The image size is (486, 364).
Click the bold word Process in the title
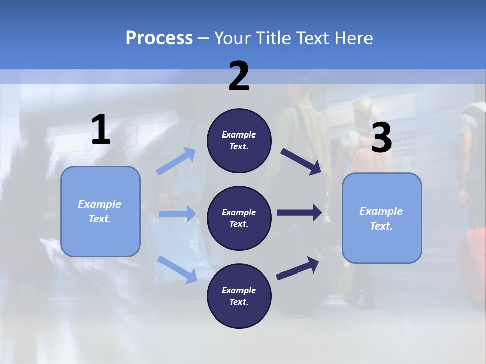(159, 38)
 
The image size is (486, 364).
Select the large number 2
(239, 77)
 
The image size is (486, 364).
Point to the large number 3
(382, 138)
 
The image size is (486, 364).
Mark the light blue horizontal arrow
(177, 214)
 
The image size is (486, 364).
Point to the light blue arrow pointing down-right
(177, 269)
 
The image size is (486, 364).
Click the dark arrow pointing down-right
(301, 161)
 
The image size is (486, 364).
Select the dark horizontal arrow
(300, 213)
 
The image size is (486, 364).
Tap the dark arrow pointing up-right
(298, 268)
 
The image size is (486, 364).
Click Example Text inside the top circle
(239, 141)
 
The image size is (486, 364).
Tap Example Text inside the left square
(100, 211)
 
